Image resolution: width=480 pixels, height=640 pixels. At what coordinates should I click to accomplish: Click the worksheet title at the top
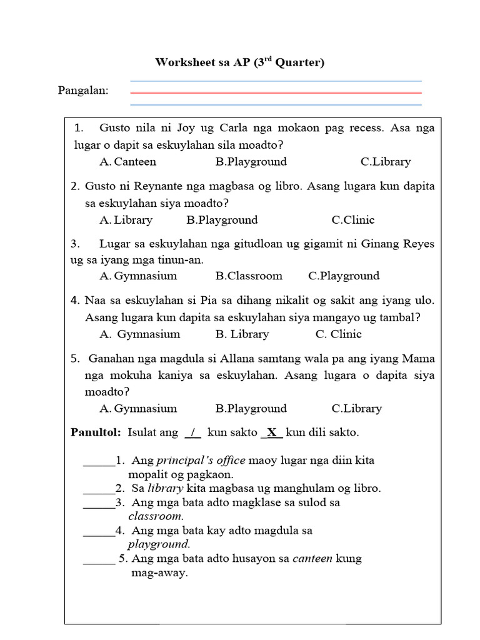click(240, 62)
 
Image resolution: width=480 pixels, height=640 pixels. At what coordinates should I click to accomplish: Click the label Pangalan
click(83, 91)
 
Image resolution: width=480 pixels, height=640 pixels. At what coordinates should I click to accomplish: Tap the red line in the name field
click(276, 93)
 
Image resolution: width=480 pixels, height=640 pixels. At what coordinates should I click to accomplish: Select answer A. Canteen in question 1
click(127, 162)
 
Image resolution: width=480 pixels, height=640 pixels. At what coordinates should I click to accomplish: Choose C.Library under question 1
click(386, 162)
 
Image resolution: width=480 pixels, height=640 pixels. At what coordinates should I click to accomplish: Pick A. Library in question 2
click(126, 220)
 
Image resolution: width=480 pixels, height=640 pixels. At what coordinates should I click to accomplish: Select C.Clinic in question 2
click(353, 220)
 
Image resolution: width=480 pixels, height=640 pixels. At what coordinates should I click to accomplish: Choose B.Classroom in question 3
click(249, 276)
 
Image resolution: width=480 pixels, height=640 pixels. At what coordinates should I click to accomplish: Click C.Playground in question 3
click(344, 276)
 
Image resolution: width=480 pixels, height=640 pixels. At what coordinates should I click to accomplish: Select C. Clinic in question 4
click(338, 334)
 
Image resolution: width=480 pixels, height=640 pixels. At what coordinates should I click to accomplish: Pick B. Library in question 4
click(242, 334)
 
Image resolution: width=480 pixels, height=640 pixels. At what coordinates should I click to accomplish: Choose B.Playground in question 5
click(251, 409)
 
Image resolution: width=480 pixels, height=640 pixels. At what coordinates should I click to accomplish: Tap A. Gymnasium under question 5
click(138, 409)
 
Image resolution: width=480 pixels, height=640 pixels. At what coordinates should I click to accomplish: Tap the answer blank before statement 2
click(98, 489)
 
